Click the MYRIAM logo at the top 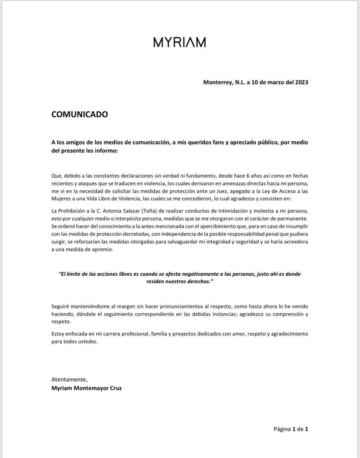click(x=180, y=42)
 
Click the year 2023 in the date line click(x=301, y=82)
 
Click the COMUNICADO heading click(x=79, y=114)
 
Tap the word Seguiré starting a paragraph click(x=60, y=306)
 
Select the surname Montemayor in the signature click(x=87, y=388)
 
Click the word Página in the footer click(x=282, y=429)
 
